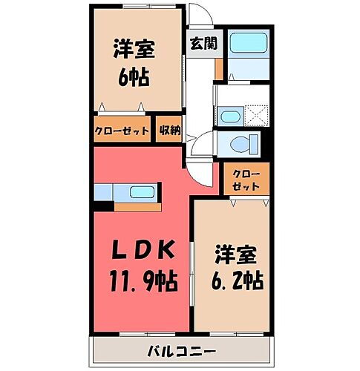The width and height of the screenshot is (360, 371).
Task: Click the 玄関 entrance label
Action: (x=203, y=43)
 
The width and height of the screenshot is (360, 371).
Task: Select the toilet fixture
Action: (x=242, y=142)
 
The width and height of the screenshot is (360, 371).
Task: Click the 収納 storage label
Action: (x=170, y=131)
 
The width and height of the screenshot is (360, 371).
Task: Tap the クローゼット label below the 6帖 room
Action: (x=122, y=131)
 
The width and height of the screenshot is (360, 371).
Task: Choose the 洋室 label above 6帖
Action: (x=133, y=49)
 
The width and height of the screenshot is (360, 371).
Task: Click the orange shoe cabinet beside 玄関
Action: (x=218, y=66)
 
